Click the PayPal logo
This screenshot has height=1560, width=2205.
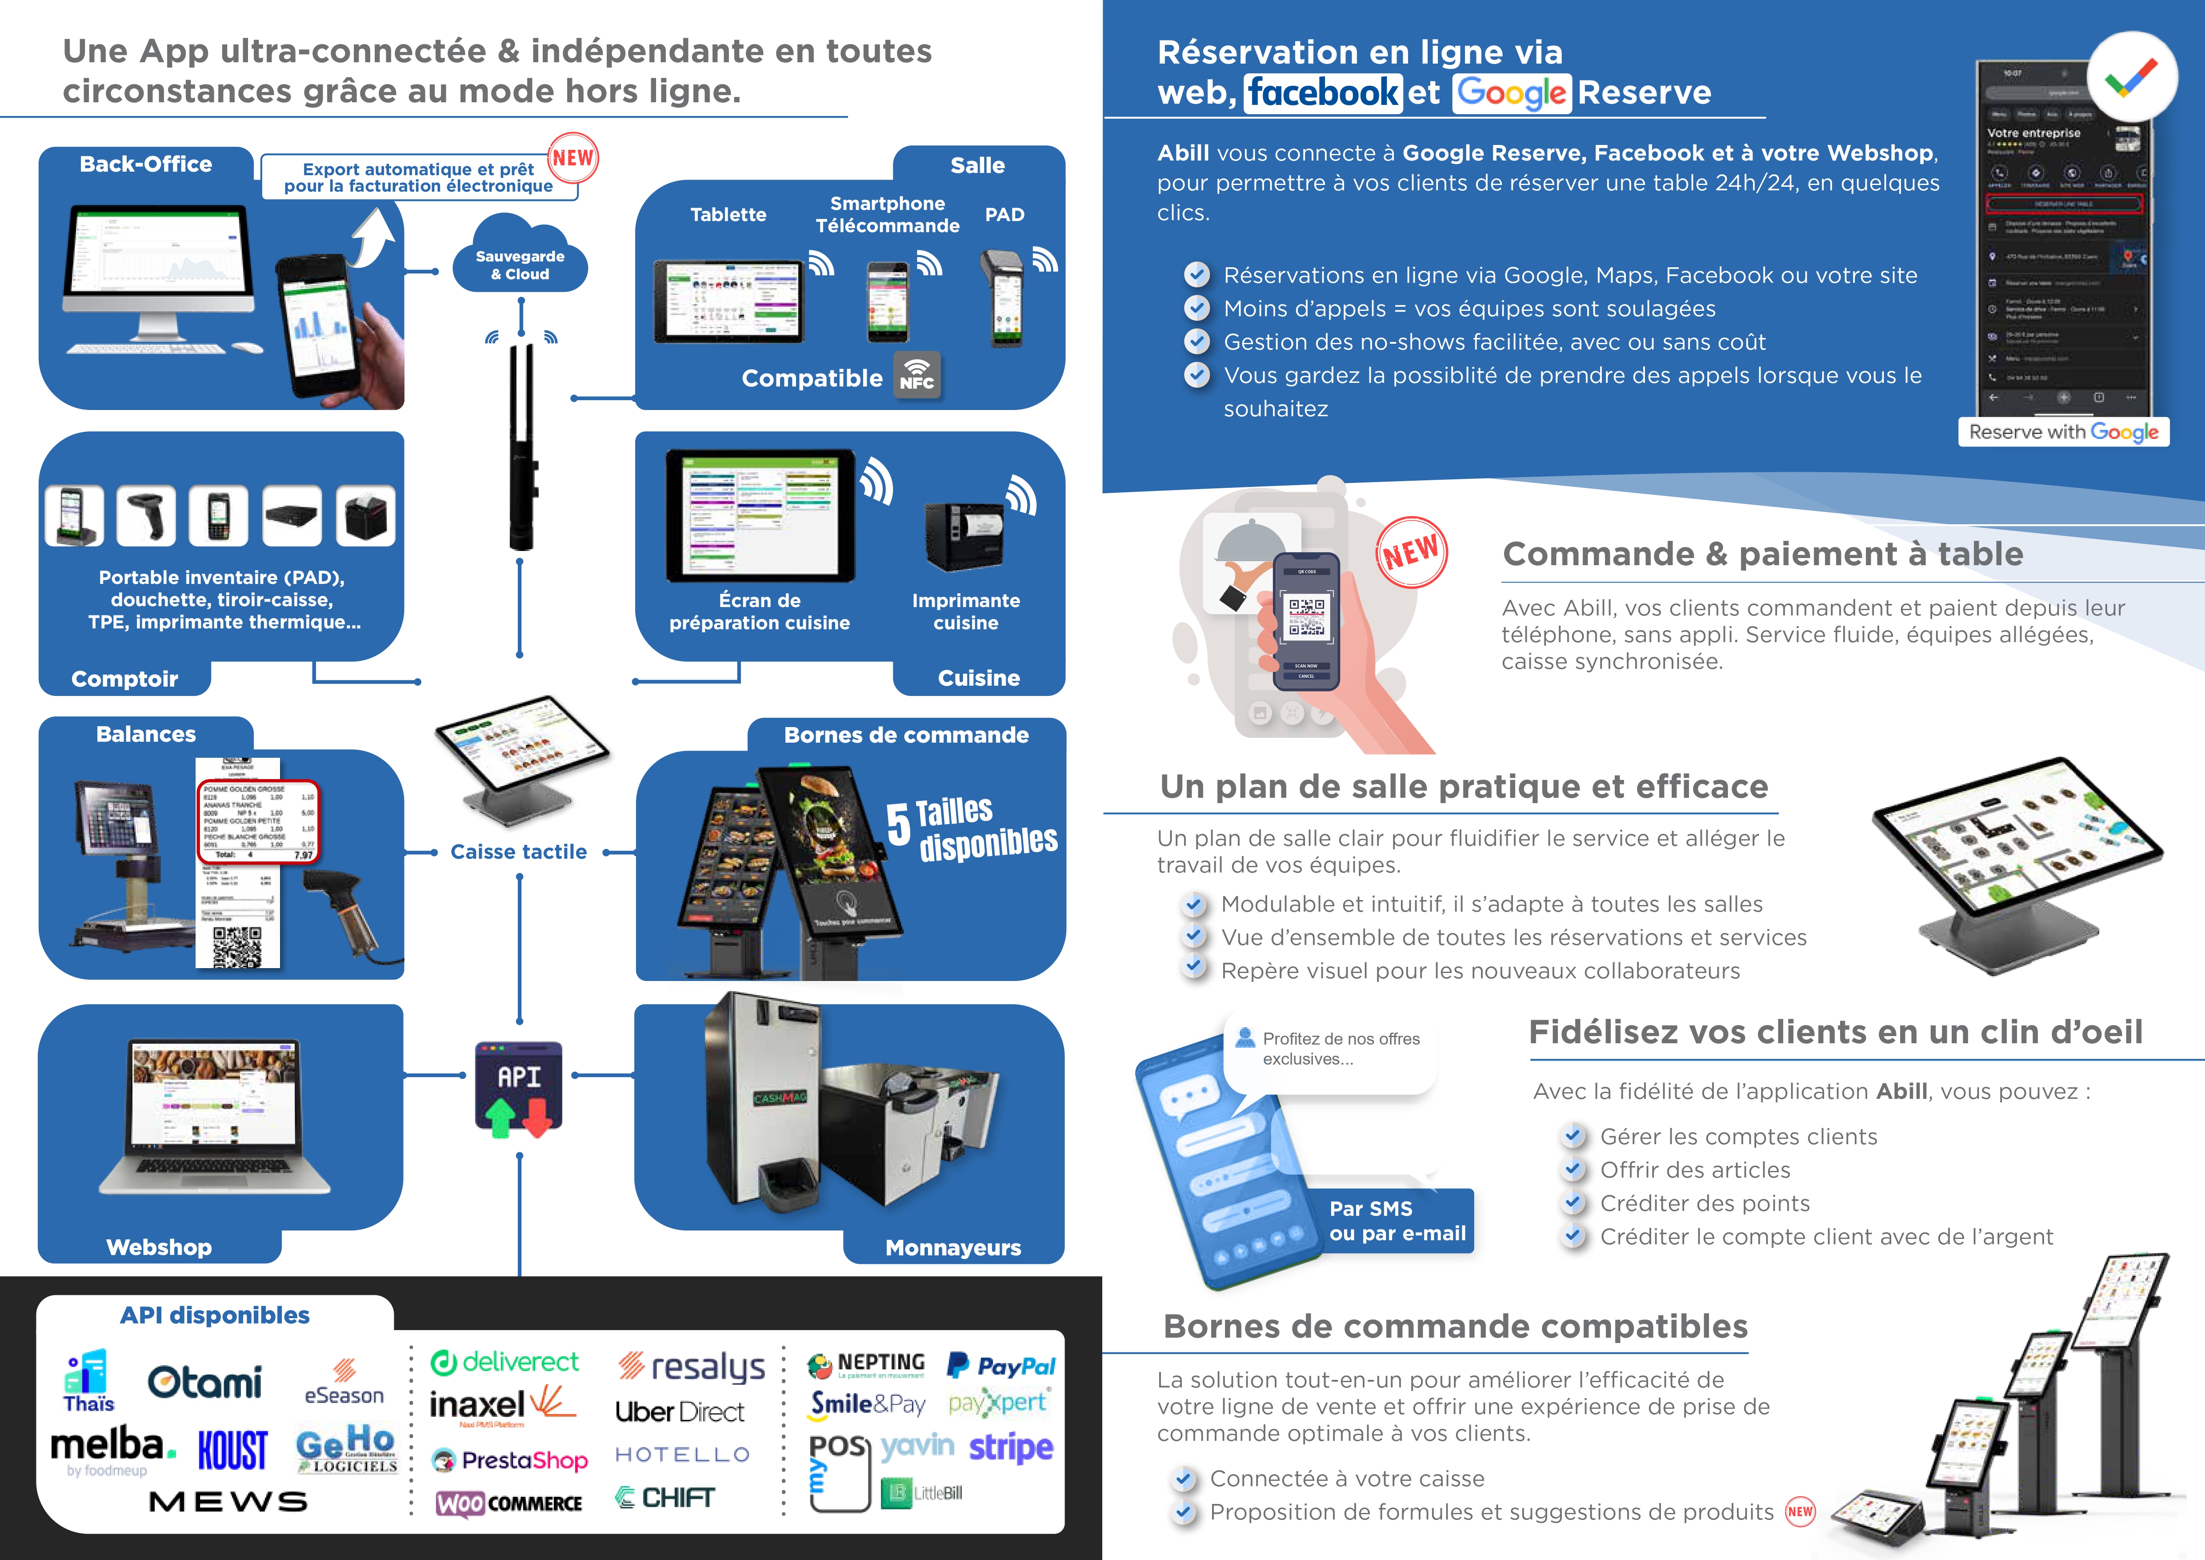pyautogui.click(x=1000, y=1365)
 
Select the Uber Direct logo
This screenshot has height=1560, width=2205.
pyautogui.click(x=680, y=1411)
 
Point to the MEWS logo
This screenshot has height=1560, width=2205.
pyautogui.click(x=228, y=1501)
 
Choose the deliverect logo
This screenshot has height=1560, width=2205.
pyautogui.click(x=505, y=1362)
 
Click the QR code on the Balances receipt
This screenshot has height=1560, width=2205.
pyautogui.click(x=236, y=946)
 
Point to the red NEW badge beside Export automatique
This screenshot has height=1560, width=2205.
pyautogui.click(x=573, y=158)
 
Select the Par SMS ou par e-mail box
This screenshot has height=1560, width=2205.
pyautogui.click(x=1397, y=1221)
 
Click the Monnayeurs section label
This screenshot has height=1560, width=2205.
pyautogui.click(x=952, y=1248)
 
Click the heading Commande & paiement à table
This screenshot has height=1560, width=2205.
pyautogui.click(x=1762, y=554)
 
